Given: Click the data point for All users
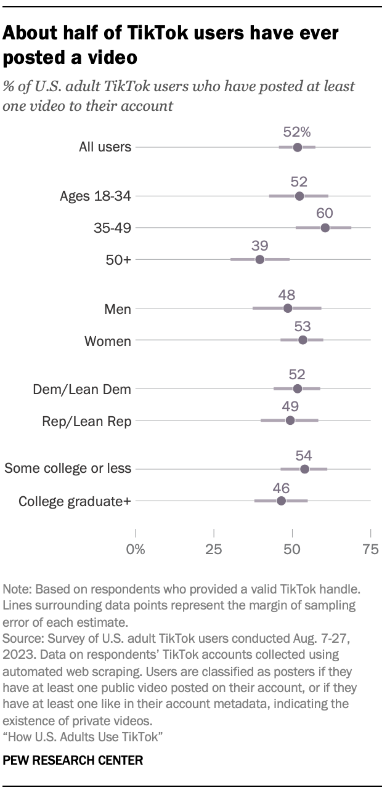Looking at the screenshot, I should (x=298, y=147).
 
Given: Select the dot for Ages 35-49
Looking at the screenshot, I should (x=325, y=228).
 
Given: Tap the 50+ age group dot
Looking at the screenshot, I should (x=259, y=259).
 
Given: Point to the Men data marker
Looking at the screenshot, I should (x=288, y=308).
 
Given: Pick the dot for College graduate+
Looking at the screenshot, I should (x=282, y=501).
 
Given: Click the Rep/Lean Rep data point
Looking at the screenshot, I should (x=290, y=421).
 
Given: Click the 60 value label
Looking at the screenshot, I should (x=325, y=213).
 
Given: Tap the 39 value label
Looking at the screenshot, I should (x=259, y=244).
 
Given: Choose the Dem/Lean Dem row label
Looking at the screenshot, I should (x=83, y=389).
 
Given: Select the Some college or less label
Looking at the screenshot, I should (x=68, y=469).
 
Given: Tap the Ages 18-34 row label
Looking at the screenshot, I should (x=95, y=196).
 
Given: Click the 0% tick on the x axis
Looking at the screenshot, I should (x=135, y=550).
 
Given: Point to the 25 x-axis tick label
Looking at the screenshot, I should (x=213, y=550).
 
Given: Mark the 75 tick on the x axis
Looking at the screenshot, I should (x=370, y=550).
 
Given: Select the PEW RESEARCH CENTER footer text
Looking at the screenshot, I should (x=73, y=760).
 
